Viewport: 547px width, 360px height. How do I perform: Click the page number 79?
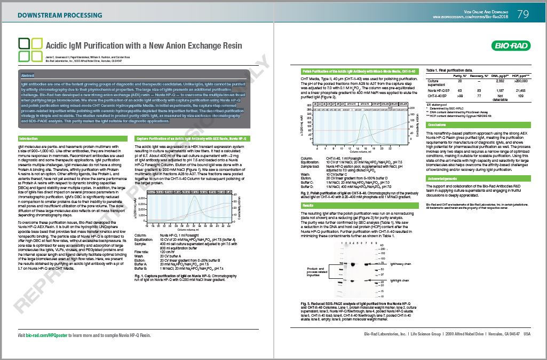[x=523, y=14]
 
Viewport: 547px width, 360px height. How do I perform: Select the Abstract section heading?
[x=28, y=75]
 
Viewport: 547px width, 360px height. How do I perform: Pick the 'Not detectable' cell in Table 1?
[x=500, y=98]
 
